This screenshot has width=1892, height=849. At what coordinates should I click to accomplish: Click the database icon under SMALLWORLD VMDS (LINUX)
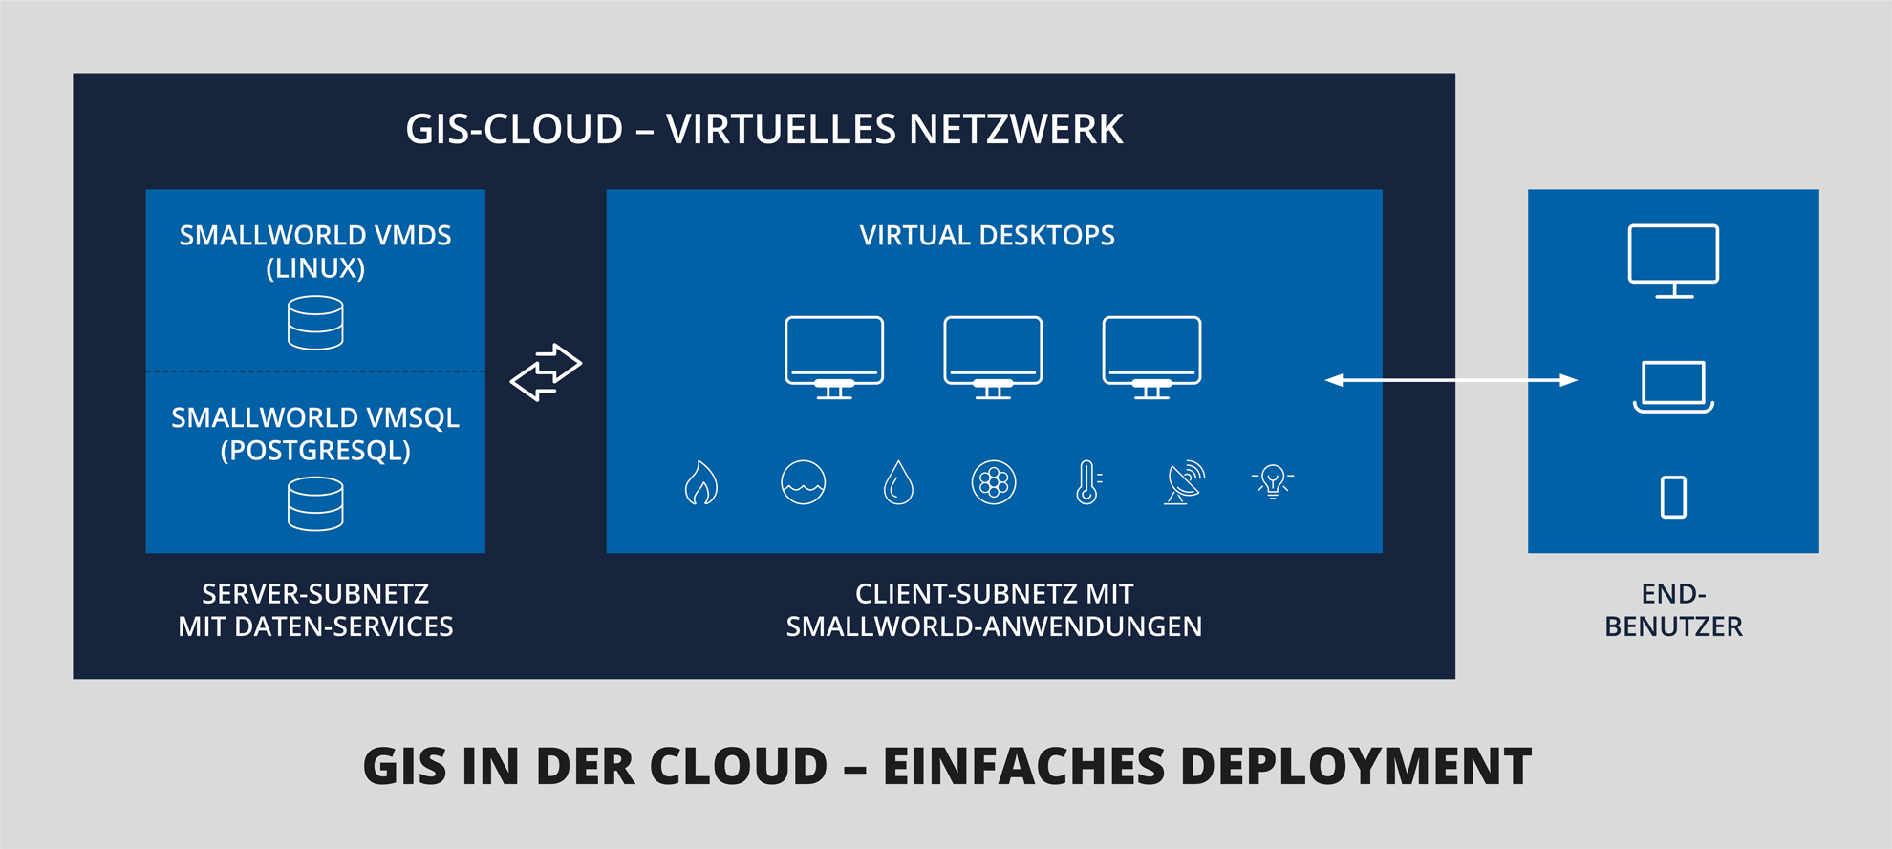pyautogui.click(x=315, y=323)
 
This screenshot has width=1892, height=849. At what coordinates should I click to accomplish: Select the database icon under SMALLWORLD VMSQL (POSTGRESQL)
pyautogui.click(x=315, y=503)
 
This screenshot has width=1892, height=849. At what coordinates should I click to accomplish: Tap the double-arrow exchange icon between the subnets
pyautogui.click(x=546, y=372)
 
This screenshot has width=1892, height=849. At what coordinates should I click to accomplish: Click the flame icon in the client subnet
pyautogui.click(x=701, y=482)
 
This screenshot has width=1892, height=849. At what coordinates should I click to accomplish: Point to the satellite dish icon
pyautogui.click(x=1185, y=482)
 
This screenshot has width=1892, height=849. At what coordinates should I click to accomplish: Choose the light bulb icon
pyautogui.click(x=1273, y=481)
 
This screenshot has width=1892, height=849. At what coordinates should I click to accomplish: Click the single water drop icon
pyautogui.click(x=898, y=482)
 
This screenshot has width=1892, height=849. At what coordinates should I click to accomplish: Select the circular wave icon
pyautogui.click(x=804, y=482)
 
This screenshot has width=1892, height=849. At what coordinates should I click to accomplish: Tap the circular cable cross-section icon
pyautogui.click(x=994, y=482)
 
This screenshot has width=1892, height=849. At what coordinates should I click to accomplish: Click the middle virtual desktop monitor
pyautogui.click(x=993, y=357)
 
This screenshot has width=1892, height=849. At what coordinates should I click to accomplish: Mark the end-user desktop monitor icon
pyautogui.click(x=1673, y=261)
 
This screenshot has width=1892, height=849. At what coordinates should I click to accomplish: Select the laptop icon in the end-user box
pyautogui.click(x=1673, y=387)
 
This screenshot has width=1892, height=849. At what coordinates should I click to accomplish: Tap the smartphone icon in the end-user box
pyautogui.click(x=1673, y=497)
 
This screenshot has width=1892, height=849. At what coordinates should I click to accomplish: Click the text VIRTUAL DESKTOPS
pyautogui.click(x=987, y=236)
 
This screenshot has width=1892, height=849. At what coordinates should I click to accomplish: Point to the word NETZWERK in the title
pyautogui.click(x=1015, y=130)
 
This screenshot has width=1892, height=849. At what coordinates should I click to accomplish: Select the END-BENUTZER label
pyautogui.click(x=1673, y=610)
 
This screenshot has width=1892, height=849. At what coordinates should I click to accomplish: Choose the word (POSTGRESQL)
pyautogui.click(x=315, y=451)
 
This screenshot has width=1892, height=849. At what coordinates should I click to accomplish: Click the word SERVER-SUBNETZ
pyautogui.click(x=315, y=594)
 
